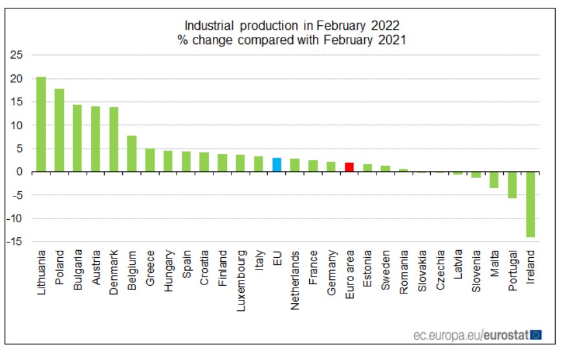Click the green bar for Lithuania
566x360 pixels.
(41, 124)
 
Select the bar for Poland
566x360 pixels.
(59, 130)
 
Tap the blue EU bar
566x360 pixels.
(276, 165)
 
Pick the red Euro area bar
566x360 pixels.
(349, 167)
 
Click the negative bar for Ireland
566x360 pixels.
(530, 204)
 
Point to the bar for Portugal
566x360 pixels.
(512, 185)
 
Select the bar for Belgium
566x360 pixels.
(131, 154)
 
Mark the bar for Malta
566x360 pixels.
(494, 180)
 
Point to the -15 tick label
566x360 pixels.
(16, 242)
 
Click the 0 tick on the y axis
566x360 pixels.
(20, 172)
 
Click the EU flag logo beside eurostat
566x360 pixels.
(536, 335)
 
